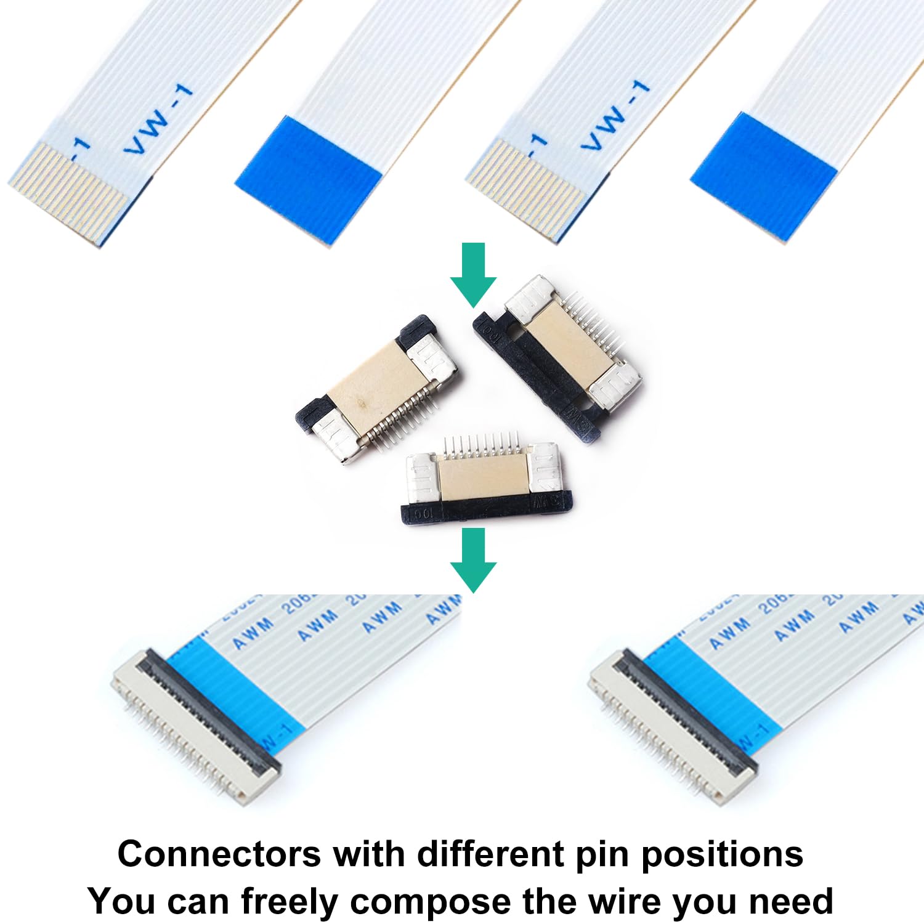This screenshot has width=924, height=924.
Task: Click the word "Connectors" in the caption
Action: [x=219, y=854]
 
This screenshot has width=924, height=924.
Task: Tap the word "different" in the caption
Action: [x=490, y=854]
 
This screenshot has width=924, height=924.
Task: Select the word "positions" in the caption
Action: [x=722, y=856]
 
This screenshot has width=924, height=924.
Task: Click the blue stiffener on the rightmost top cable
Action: [x=764, y=176]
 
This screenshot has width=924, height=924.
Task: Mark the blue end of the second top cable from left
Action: [x=308, y=179]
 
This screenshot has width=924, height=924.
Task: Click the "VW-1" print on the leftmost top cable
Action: [x=158, y=120]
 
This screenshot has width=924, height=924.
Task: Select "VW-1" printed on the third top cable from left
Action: [x=615, y=115]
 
